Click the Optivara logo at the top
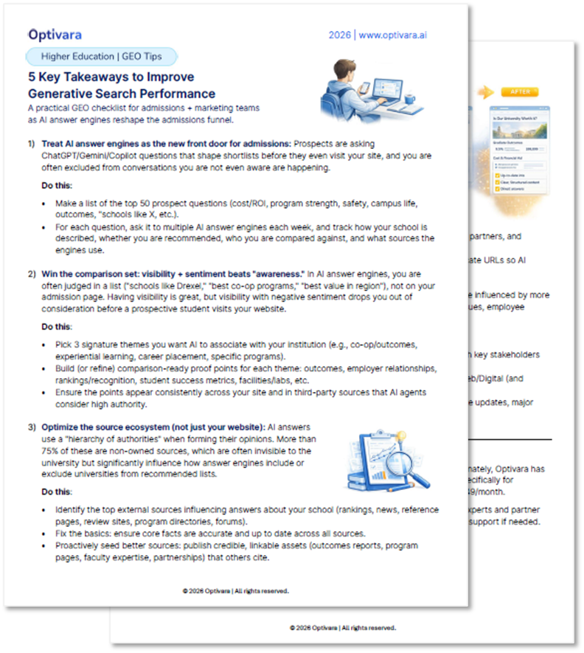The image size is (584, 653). pyautogui.click(x=55, y=35)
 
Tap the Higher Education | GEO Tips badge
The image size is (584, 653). pyautogui.click(x=103, y=56)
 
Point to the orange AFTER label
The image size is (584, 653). pyautogui.click(x=519, y=92)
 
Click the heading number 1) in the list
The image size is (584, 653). pyautogui.click(x=32, y=143)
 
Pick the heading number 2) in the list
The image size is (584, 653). pyautogui.click(x=32, y=274)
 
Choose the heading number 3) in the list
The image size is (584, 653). pyautogui.click(x=32, y=427)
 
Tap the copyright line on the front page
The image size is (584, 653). pyautogui.click(x=235, y=590)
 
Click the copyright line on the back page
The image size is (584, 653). pyautogui.click(x=342, y=628)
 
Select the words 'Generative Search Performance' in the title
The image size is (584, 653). pyautogui.click(x=122, y=94)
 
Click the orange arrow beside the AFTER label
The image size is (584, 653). pyautogui.click(x=484, y=92)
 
